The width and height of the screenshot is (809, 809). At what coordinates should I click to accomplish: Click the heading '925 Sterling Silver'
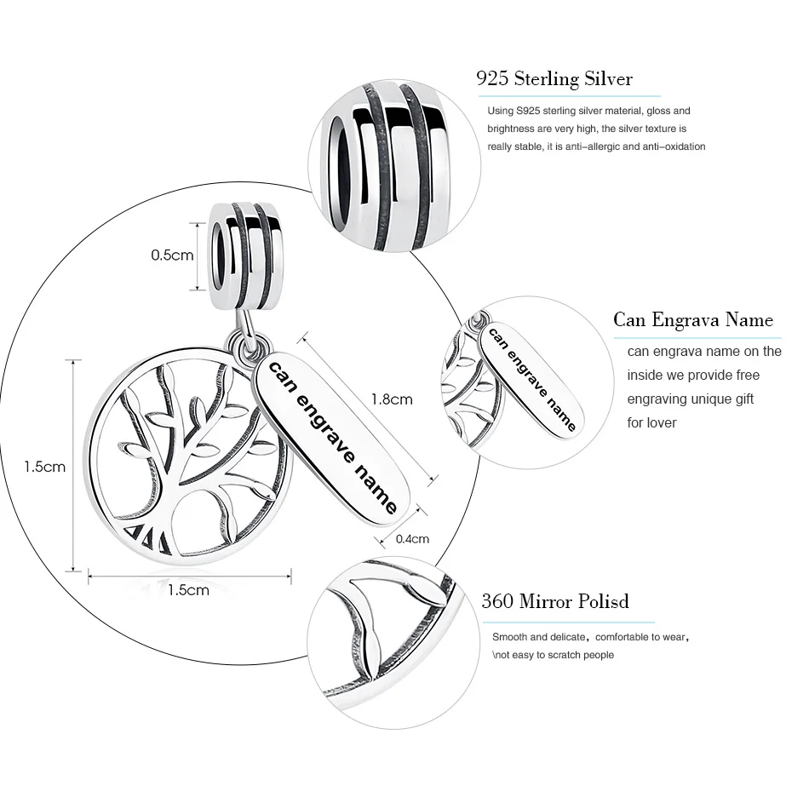click(554, 79)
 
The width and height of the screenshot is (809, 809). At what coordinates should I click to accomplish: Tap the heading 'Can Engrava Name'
click(693, 319)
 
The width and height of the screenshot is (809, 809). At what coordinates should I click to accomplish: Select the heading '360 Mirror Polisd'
click(555, 601)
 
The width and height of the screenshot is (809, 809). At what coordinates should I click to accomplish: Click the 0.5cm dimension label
click(172, 255)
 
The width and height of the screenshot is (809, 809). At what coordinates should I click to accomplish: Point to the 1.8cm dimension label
click(392, 399)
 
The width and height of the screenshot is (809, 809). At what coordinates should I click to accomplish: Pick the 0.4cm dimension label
click(412, 538)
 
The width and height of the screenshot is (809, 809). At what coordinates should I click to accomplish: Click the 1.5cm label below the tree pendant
click(188, 590)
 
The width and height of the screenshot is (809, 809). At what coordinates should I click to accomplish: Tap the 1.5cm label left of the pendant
click(44, 467)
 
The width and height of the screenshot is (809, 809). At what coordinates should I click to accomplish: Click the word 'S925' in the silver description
click(528, 111)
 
